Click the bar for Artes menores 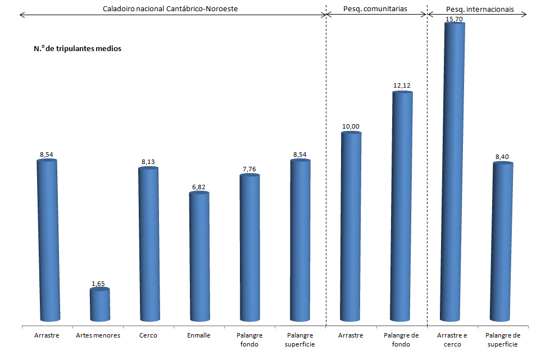click(100, 307)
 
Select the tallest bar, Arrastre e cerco click(454, 174)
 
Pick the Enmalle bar click(199, 258)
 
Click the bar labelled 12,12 click(402, 208)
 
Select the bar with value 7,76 click(249, 250)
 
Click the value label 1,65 click(98, 284)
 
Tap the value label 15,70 click(454, 19)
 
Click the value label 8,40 click(503, 157)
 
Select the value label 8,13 click(148, 162)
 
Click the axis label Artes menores click(98, 335)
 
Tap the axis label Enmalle click(199, 335)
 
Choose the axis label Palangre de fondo click(402, 340)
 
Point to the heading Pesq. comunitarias click(375, 10)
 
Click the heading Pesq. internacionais click(479, 10)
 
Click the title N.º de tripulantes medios click(78, 49)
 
